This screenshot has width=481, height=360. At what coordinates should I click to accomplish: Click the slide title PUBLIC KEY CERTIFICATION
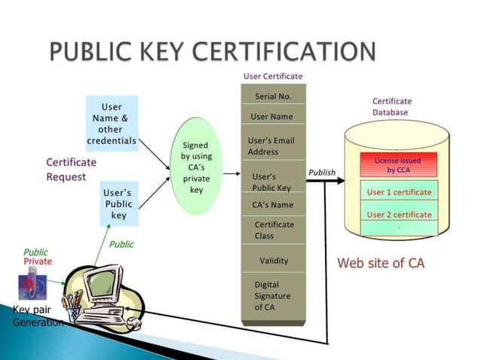click(213, 52)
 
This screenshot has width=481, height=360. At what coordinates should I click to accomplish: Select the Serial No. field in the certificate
click(272, 96)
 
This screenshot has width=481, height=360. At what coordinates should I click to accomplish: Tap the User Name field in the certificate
click(271, 117)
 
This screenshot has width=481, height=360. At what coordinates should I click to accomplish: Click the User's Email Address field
click(271, 146)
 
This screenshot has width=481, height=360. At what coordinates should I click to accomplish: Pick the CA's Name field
click(272, 205)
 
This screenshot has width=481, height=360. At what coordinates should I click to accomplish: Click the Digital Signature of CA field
click(272, 296)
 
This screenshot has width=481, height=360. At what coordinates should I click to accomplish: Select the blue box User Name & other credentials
click(112, 124)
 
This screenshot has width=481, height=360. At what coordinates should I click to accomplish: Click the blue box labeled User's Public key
click(118, 204)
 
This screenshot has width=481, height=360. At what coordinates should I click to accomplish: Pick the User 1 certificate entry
click(399, 192)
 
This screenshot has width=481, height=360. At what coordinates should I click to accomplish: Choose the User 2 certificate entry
click(399, 215)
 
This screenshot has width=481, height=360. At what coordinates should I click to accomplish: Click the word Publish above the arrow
click(322, 172)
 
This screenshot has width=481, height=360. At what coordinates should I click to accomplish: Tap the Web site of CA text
click(381, 263)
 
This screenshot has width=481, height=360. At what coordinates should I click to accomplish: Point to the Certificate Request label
click(72, 169)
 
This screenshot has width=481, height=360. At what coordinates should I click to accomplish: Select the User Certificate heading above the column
click(272, 76)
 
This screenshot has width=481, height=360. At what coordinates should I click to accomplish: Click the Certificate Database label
click(392, 106)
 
